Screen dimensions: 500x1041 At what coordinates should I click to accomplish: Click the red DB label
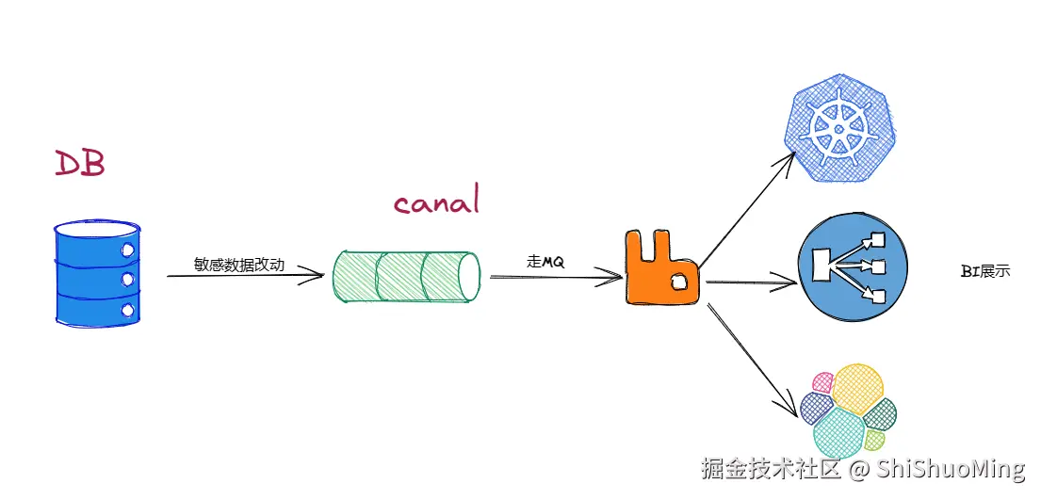pyautogui.click(x=79, y=163)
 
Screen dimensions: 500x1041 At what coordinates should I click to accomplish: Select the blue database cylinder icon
pyautogui.click(x=96, y=273)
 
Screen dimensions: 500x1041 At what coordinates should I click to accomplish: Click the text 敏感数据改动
pyautogui.click(x=239, y=265)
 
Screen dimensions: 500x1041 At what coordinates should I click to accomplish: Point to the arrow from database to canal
pyautogui.click(x=245, y=277)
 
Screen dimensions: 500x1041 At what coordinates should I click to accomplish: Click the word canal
pyautogui.click(x=436, y=202)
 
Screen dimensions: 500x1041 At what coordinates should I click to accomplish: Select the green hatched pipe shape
pyautogui.click(x=406, y=277)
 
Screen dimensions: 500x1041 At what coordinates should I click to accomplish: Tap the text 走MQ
pyautogui.click(x=545, y=262)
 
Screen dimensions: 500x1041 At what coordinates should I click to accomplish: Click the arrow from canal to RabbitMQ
pyautogui.click(x=556, y=277)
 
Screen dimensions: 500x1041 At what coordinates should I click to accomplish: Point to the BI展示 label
pyautogui.click(x=985, y=271)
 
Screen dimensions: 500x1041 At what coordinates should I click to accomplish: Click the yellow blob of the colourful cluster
pyautogui.click(x=856, y=388)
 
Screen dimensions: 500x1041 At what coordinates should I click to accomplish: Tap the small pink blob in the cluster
pyautogui.click(x=821, y=382)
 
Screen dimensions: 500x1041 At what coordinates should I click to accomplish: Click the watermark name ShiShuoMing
pyautogui.click(x=951, y=469)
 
